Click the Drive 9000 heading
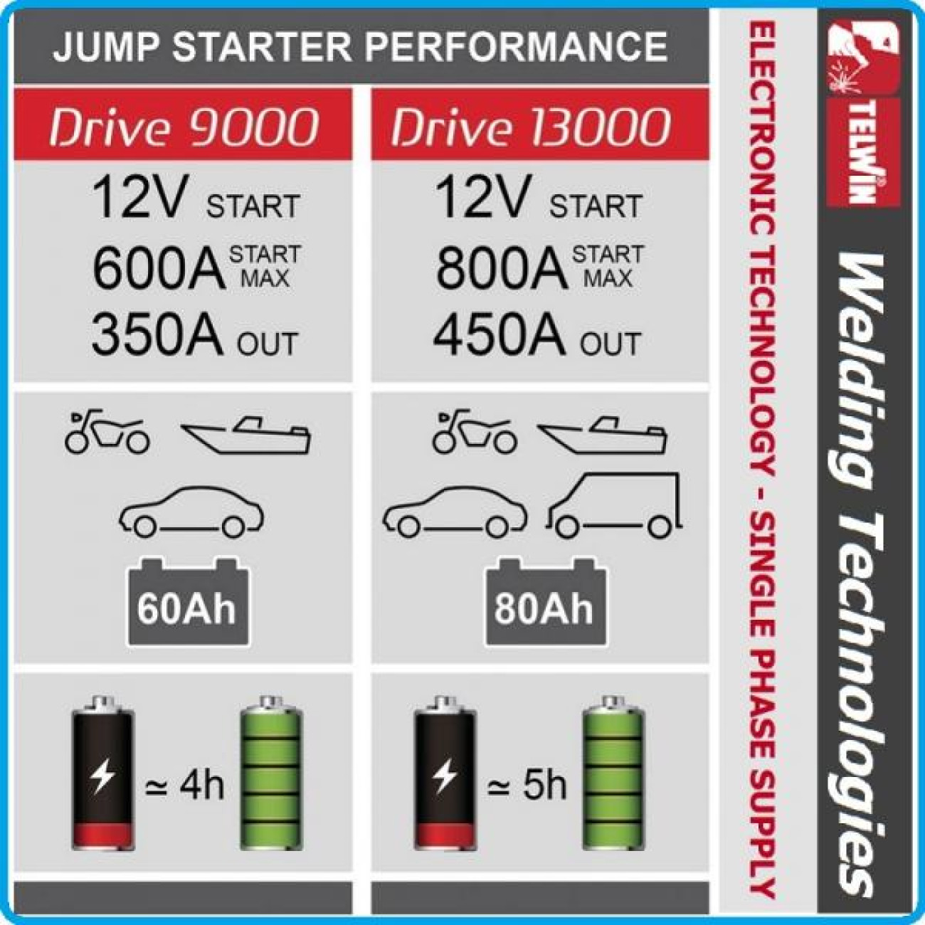click(184, 127)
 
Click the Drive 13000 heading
click(531, 127)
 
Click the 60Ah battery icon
click(188, 601)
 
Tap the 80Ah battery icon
click(546, 601)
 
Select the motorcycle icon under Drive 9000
click(107, 431)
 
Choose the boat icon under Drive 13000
click(602, 435)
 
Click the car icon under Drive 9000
click(191, 511)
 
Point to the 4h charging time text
click(185, 786)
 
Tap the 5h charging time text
click(527, 786)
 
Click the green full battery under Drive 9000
click(272, 772)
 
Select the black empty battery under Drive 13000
click(445, 772)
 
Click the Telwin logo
click(862, 115)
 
